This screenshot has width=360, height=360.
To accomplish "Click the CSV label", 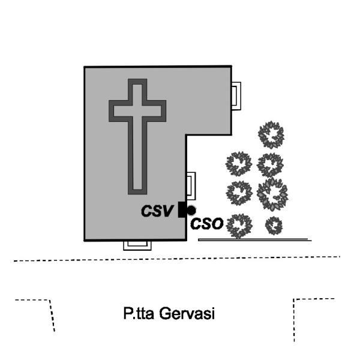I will point(158,211).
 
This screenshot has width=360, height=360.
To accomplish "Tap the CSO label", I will point(207,224).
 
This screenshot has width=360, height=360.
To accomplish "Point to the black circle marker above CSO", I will point(191,210).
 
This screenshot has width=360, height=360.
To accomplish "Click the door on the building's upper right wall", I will point(237,95).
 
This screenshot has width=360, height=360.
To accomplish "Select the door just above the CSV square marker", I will point(190,185).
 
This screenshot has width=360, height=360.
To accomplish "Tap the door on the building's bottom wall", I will point(136,244).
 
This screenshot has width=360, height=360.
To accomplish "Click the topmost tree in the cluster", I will point(271,134).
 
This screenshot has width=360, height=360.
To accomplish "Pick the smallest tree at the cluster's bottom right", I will point(274,225).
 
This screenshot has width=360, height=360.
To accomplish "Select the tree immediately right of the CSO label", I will point(241,226).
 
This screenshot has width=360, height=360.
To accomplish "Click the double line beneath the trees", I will point(254,239).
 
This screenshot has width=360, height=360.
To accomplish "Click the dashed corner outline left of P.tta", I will point(42,309).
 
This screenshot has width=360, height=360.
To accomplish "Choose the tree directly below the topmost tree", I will point(269,164).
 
